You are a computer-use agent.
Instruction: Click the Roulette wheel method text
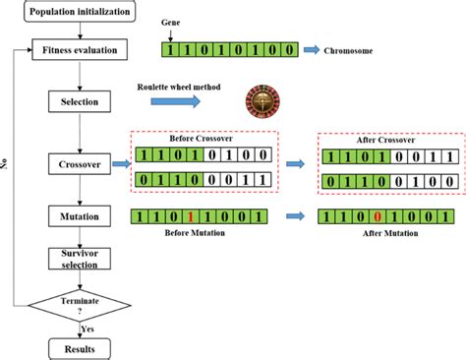pyautogui.click(x=177, y=90)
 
